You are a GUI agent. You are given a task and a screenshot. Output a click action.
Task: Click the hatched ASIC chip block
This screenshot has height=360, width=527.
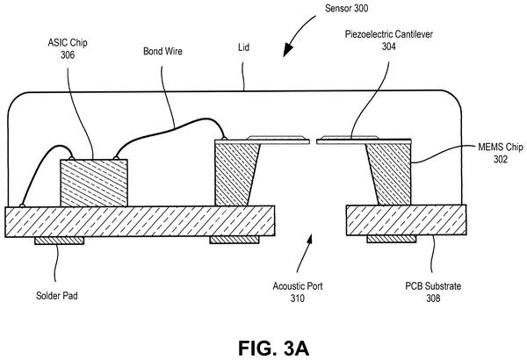(x=94, y=183)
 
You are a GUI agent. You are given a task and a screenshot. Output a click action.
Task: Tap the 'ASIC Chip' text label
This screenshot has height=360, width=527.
(x=68, y=43)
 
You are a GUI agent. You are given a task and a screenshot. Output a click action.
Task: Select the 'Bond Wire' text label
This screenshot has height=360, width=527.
(x=162, y=51)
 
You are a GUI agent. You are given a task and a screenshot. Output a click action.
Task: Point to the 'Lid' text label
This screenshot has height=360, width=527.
(x=243, y=47)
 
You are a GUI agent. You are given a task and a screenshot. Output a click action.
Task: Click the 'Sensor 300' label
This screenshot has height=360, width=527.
(x=347, y=9)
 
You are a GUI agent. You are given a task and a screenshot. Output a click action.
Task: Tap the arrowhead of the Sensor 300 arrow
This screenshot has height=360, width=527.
(x=287, y=51)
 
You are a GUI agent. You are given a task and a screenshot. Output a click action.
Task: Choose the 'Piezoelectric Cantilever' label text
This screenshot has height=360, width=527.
(x=389, y=34)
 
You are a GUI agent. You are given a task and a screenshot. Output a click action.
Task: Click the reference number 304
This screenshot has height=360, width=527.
(x=388, y=47)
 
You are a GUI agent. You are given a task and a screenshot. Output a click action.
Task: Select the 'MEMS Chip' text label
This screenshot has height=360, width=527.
(x=501, y=147)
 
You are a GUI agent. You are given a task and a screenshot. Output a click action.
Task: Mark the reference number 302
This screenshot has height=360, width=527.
(x=500, y=159)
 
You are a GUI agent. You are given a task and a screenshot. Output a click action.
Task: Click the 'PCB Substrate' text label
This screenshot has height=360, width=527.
(x=433, y=286)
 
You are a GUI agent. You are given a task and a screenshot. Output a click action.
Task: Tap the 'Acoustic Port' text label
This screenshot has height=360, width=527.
(x=298, y=286)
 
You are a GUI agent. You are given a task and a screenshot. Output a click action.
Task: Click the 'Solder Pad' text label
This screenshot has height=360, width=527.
(x=57, y=295)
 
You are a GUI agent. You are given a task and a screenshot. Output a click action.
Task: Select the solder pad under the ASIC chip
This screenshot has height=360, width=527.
(x=59, y=241)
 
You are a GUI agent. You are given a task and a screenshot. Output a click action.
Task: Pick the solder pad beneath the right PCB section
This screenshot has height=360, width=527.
(x=392, y=239)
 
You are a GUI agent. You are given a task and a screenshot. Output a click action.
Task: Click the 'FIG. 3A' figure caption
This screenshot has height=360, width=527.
(x=273, y=349)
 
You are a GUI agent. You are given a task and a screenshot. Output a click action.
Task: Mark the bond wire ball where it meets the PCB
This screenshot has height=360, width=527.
(x=22, y=205)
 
